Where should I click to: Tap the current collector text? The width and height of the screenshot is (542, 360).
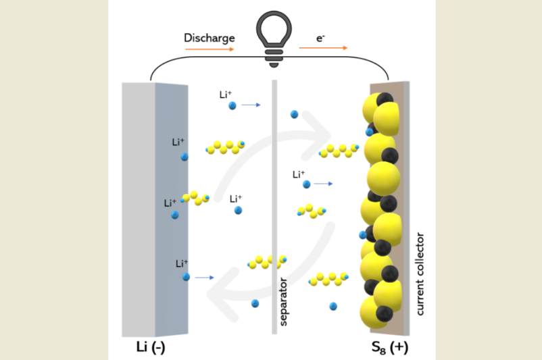pyautogui.click(x=420, y=274)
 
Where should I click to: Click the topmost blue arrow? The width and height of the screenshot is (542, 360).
pyautogui.click(x=251, y=105)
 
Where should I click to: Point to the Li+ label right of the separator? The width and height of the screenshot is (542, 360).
pyautogui.click(x=299, y=174)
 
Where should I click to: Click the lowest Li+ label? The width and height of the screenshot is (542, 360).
pyautogui.click(x=182, y=263)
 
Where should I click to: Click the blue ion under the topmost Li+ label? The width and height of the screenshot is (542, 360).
pyautogui.click(x=232, y=105)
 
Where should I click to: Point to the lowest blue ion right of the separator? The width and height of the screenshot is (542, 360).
pyautogui.click(x=333, y=306)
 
